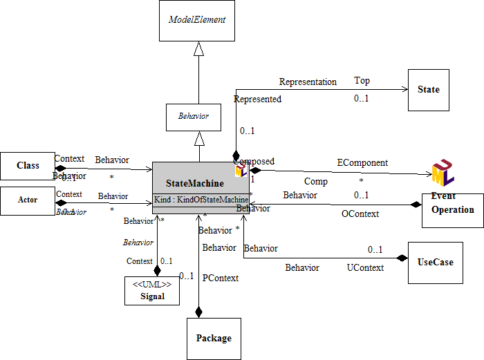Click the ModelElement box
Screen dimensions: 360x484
tap(198, 21)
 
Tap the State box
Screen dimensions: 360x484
tap(429, 90)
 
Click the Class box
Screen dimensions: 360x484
tap(28, 166)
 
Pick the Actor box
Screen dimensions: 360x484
tap(28, 200)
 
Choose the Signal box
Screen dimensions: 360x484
tap(151, 291)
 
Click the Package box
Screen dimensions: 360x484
tap(214, 339)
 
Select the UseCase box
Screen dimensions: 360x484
tap(436, 263)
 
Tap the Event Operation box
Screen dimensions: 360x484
tap(453, 205)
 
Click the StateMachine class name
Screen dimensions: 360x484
tap(195, 183)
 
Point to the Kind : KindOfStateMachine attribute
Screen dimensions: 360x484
tap(201, 200)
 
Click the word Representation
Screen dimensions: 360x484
tap(308, 82)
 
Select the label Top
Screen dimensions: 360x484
tap(362, 81)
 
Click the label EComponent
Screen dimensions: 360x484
tap(362, 163)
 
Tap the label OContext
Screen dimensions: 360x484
tap(360, 214)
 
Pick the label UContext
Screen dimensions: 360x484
tap(364, 267)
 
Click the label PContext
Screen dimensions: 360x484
tap(220, 278)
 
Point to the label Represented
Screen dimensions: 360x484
tap(258, 100)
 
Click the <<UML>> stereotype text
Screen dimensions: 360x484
tap(151, 284)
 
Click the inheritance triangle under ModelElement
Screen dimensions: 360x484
tap(199, 48)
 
